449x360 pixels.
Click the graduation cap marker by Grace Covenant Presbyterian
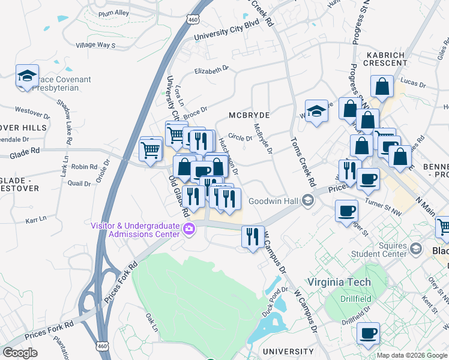point(27,76)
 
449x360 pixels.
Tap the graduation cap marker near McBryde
point(316,111)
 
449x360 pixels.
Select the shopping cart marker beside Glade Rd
point(151,149)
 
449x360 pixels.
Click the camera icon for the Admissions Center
point(189,229)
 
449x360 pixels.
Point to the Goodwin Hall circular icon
point(309,200)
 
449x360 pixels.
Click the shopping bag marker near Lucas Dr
point(382,87)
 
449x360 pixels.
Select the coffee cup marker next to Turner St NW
point(368,178)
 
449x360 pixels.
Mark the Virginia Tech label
point(339,282)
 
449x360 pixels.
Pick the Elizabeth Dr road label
point(211,71)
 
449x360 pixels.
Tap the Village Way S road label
point(95,45)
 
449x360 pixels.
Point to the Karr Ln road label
point(35,220)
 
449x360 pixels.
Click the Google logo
point(20,353)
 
